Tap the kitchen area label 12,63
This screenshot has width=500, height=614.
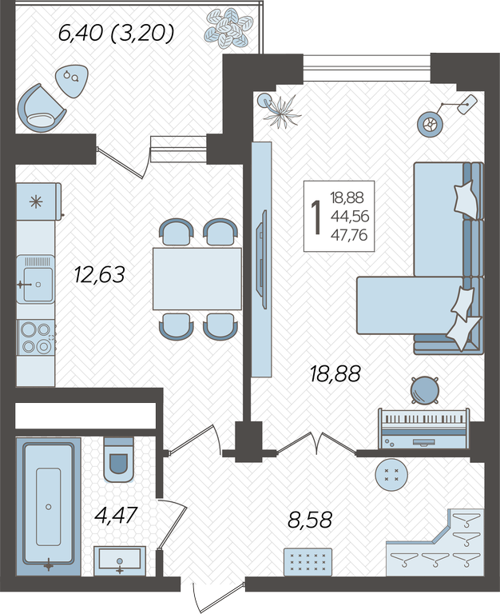point(99,274)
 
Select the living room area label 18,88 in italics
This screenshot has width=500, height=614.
point(335,373)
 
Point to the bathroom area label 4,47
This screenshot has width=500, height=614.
point(116,515)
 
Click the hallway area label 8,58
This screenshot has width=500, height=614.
point(310,520)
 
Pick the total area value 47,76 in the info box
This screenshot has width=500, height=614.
point(349,235)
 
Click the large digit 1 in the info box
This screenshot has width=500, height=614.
point(315,217)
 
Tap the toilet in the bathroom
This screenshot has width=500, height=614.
point(118,460)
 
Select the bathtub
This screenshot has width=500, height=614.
point(49,506)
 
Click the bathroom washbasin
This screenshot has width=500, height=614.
point(120,561)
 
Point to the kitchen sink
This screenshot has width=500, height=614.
point(35,279)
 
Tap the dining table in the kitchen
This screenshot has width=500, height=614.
point(197,279)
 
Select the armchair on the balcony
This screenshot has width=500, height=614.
point(41,109)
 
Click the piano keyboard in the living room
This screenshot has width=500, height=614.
point(423,429)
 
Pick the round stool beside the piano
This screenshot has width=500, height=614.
point(424,390)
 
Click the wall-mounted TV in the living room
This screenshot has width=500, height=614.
point(262,259)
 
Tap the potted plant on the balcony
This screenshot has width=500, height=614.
point(228,27)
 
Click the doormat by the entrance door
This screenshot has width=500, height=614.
point(308,562)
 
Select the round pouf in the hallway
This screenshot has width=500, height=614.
point(391,475)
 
